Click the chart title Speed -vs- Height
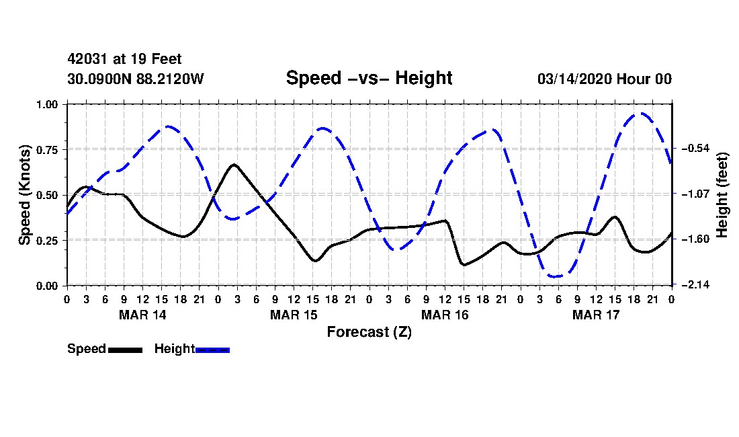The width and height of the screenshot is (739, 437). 369,78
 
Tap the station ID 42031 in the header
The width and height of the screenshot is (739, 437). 83,60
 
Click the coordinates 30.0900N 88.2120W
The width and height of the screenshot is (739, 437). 135,79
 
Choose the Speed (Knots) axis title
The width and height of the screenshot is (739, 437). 25,194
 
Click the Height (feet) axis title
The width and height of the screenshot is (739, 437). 723,195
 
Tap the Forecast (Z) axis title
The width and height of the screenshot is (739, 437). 369,331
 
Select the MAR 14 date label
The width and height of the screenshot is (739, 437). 142,315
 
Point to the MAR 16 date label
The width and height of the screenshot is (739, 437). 445,315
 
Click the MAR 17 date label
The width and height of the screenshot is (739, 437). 596,315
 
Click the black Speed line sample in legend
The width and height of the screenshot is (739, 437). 125,350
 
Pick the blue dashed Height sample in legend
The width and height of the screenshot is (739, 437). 212,350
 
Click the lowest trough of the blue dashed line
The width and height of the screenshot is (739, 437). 556,276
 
